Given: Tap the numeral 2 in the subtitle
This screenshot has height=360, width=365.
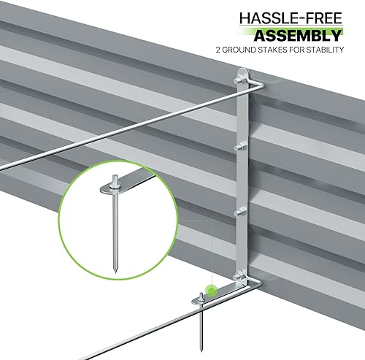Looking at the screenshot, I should tap(218, 51).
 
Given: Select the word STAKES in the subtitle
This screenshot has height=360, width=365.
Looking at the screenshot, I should tap(266, 51).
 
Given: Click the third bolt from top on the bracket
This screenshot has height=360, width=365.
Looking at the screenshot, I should tap(242, 212).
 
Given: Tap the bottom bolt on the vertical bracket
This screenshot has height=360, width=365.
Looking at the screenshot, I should tap(242, 276).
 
